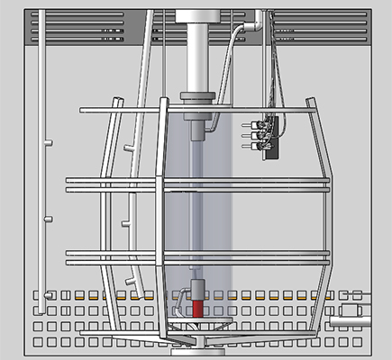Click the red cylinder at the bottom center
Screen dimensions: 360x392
pos(197,306)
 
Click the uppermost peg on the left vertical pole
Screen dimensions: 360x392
pos(49,142)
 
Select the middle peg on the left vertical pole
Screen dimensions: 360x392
pos(49,216)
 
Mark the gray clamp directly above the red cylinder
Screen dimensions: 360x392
pos(196,290)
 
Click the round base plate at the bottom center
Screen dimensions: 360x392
pos(198,338)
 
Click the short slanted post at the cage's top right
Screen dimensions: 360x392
pos(312,107)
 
